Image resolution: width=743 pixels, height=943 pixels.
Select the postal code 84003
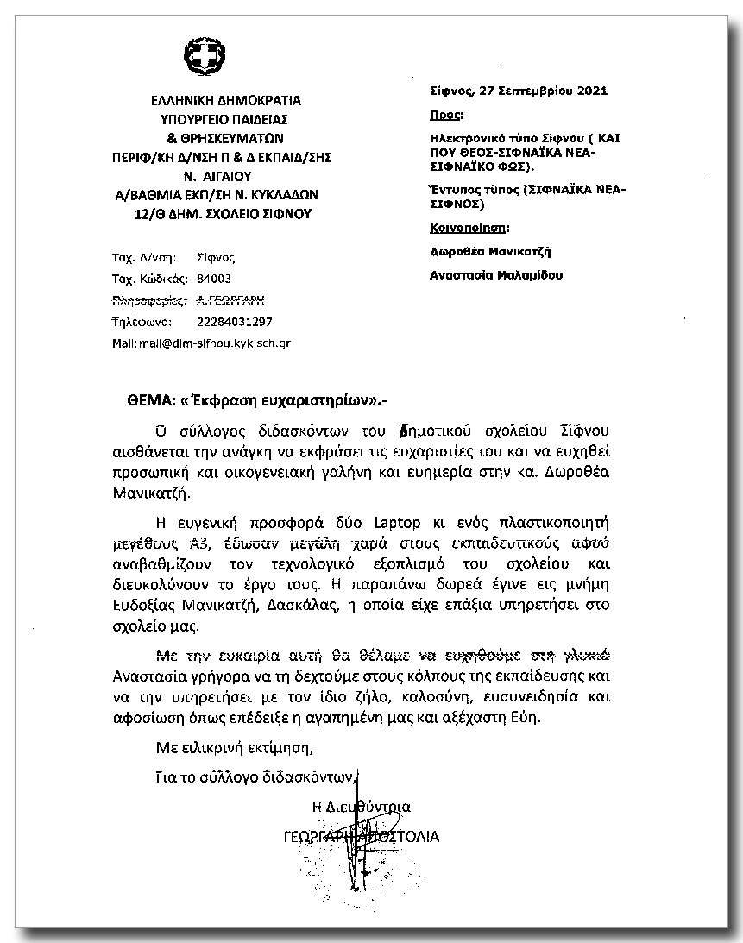point(214,279)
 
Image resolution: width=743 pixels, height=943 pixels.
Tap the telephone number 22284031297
point(235,322)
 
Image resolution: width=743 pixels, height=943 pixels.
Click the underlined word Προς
point(445,114)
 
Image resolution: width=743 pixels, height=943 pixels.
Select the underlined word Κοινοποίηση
point(469,229)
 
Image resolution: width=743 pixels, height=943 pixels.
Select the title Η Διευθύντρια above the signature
point(362,807)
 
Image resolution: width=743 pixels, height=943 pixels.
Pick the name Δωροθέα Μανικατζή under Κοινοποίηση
point(490,252)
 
